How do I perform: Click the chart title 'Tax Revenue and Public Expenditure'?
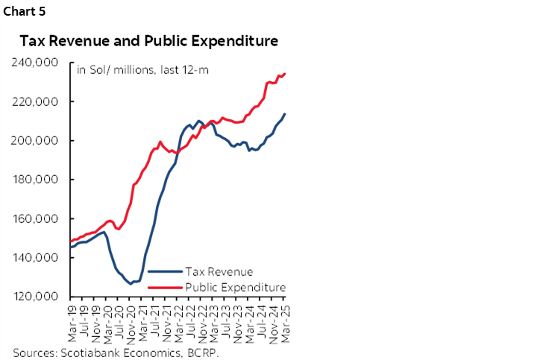[x=149, y=40]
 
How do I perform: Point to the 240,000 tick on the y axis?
[x=37, y=63]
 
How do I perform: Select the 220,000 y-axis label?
[x=37, y=101]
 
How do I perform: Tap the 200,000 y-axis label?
[x=37, y=141]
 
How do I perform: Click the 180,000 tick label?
[x=37, y=180]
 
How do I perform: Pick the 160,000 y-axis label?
[x=37, y=219]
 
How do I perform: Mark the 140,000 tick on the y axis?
[x=37, y=258]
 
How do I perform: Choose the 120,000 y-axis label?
[x=37, y=297]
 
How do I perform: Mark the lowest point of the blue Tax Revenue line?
[x=131, y=284]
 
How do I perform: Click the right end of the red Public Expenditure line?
[x=285, y=74]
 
